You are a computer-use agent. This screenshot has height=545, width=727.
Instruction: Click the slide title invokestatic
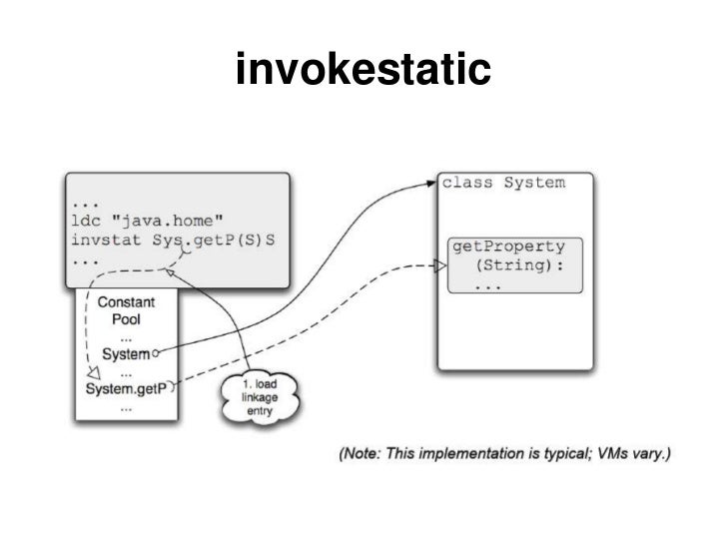pyautogui.click(x=363, y=69)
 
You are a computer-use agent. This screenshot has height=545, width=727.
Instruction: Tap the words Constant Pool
pyautogui.click(x=125, y=308)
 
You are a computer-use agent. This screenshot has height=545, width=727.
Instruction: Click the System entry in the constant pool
pyautogui.click(x=126, y=353)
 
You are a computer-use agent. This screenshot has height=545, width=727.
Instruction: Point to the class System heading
pyautogui.click(x=502, y=183)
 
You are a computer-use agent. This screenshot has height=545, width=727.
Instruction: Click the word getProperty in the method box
pyautogui.click(x=509, y=246)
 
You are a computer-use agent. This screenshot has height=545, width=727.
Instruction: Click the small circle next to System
pyautogui.click(x=157, y=353)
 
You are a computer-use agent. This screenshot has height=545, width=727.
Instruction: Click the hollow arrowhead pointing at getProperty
pyautogui.click(x=438, y=266)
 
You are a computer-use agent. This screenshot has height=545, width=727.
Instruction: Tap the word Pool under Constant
pyautogui.click(x=125, y=318)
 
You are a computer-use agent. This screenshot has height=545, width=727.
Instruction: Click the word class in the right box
pyautogui.click(x=466, y=183)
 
